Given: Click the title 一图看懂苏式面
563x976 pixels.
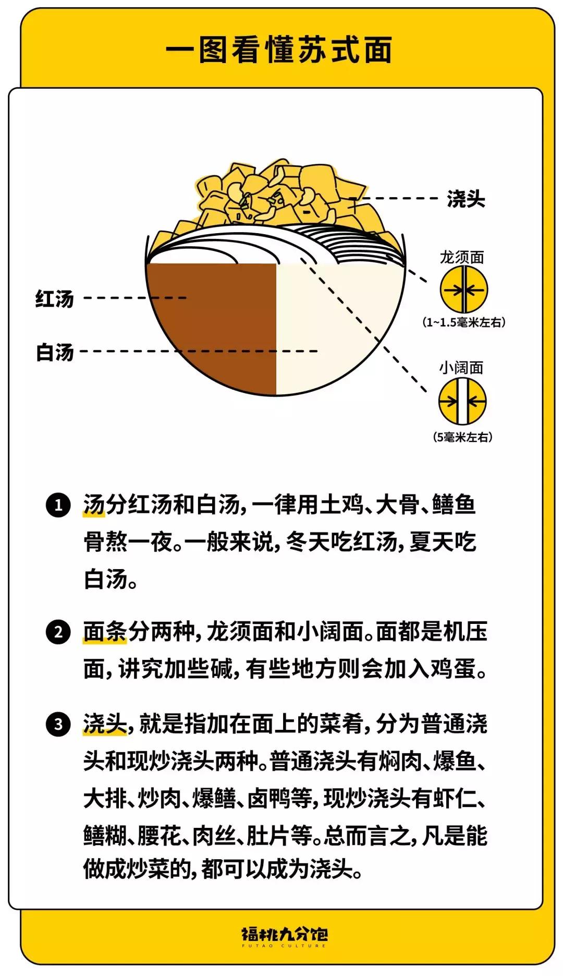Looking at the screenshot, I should click(x=279, y=50).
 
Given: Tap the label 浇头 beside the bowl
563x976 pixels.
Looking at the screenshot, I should click(x=466, y=199).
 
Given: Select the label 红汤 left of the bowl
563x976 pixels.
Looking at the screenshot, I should click(x=55, y=299).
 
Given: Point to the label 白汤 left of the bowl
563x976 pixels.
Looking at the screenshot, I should click(x=55, y=352).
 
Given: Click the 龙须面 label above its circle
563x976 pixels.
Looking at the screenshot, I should click(x=462, y=257).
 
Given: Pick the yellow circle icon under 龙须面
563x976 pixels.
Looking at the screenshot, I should click(x=463, y=290).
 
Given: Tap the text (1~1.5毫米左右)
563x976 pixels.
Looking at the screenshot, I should click(x=463, y=322).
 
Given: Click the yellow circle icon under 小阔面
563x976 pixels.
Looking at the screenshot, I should click(x=462, y=401).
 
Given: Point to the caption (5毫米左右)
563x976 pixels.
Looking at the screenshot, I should click(x=462, y=437).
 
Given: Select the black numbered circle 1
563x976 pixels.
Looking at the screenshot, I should click(x=58, y=505).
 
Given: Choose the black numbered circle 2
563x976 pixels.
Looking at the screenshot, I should click(x=58, y=632).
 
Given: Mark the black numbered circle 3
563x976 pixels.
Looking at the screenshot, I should click(x=58, y=725).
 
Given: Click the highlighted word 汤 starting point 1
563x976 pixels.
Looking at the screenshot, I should click(x=94, y=505).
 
